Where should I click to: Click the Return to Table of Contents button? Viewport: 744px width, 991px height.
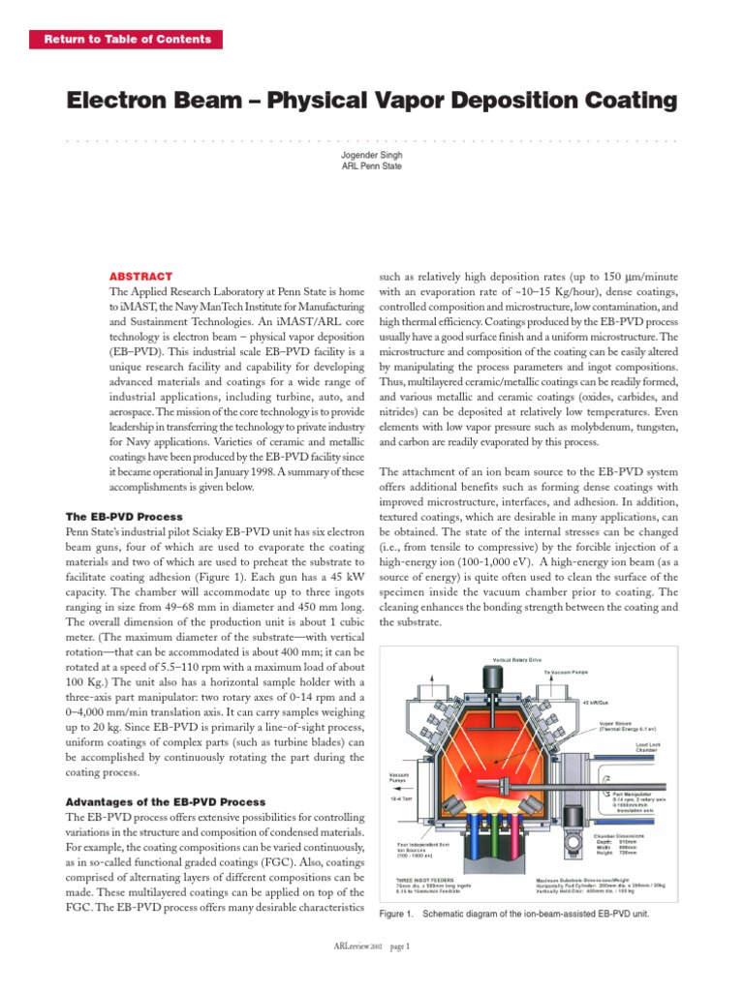tap(127, 40)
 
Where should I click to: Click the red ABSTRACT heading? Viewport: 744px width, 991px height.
tap(141, 276)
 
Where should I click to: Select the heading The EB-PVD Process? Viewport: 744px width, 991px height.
tap(123, 517)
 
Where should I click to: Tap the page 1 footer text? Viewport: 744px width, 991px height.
tap(399, 946)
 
